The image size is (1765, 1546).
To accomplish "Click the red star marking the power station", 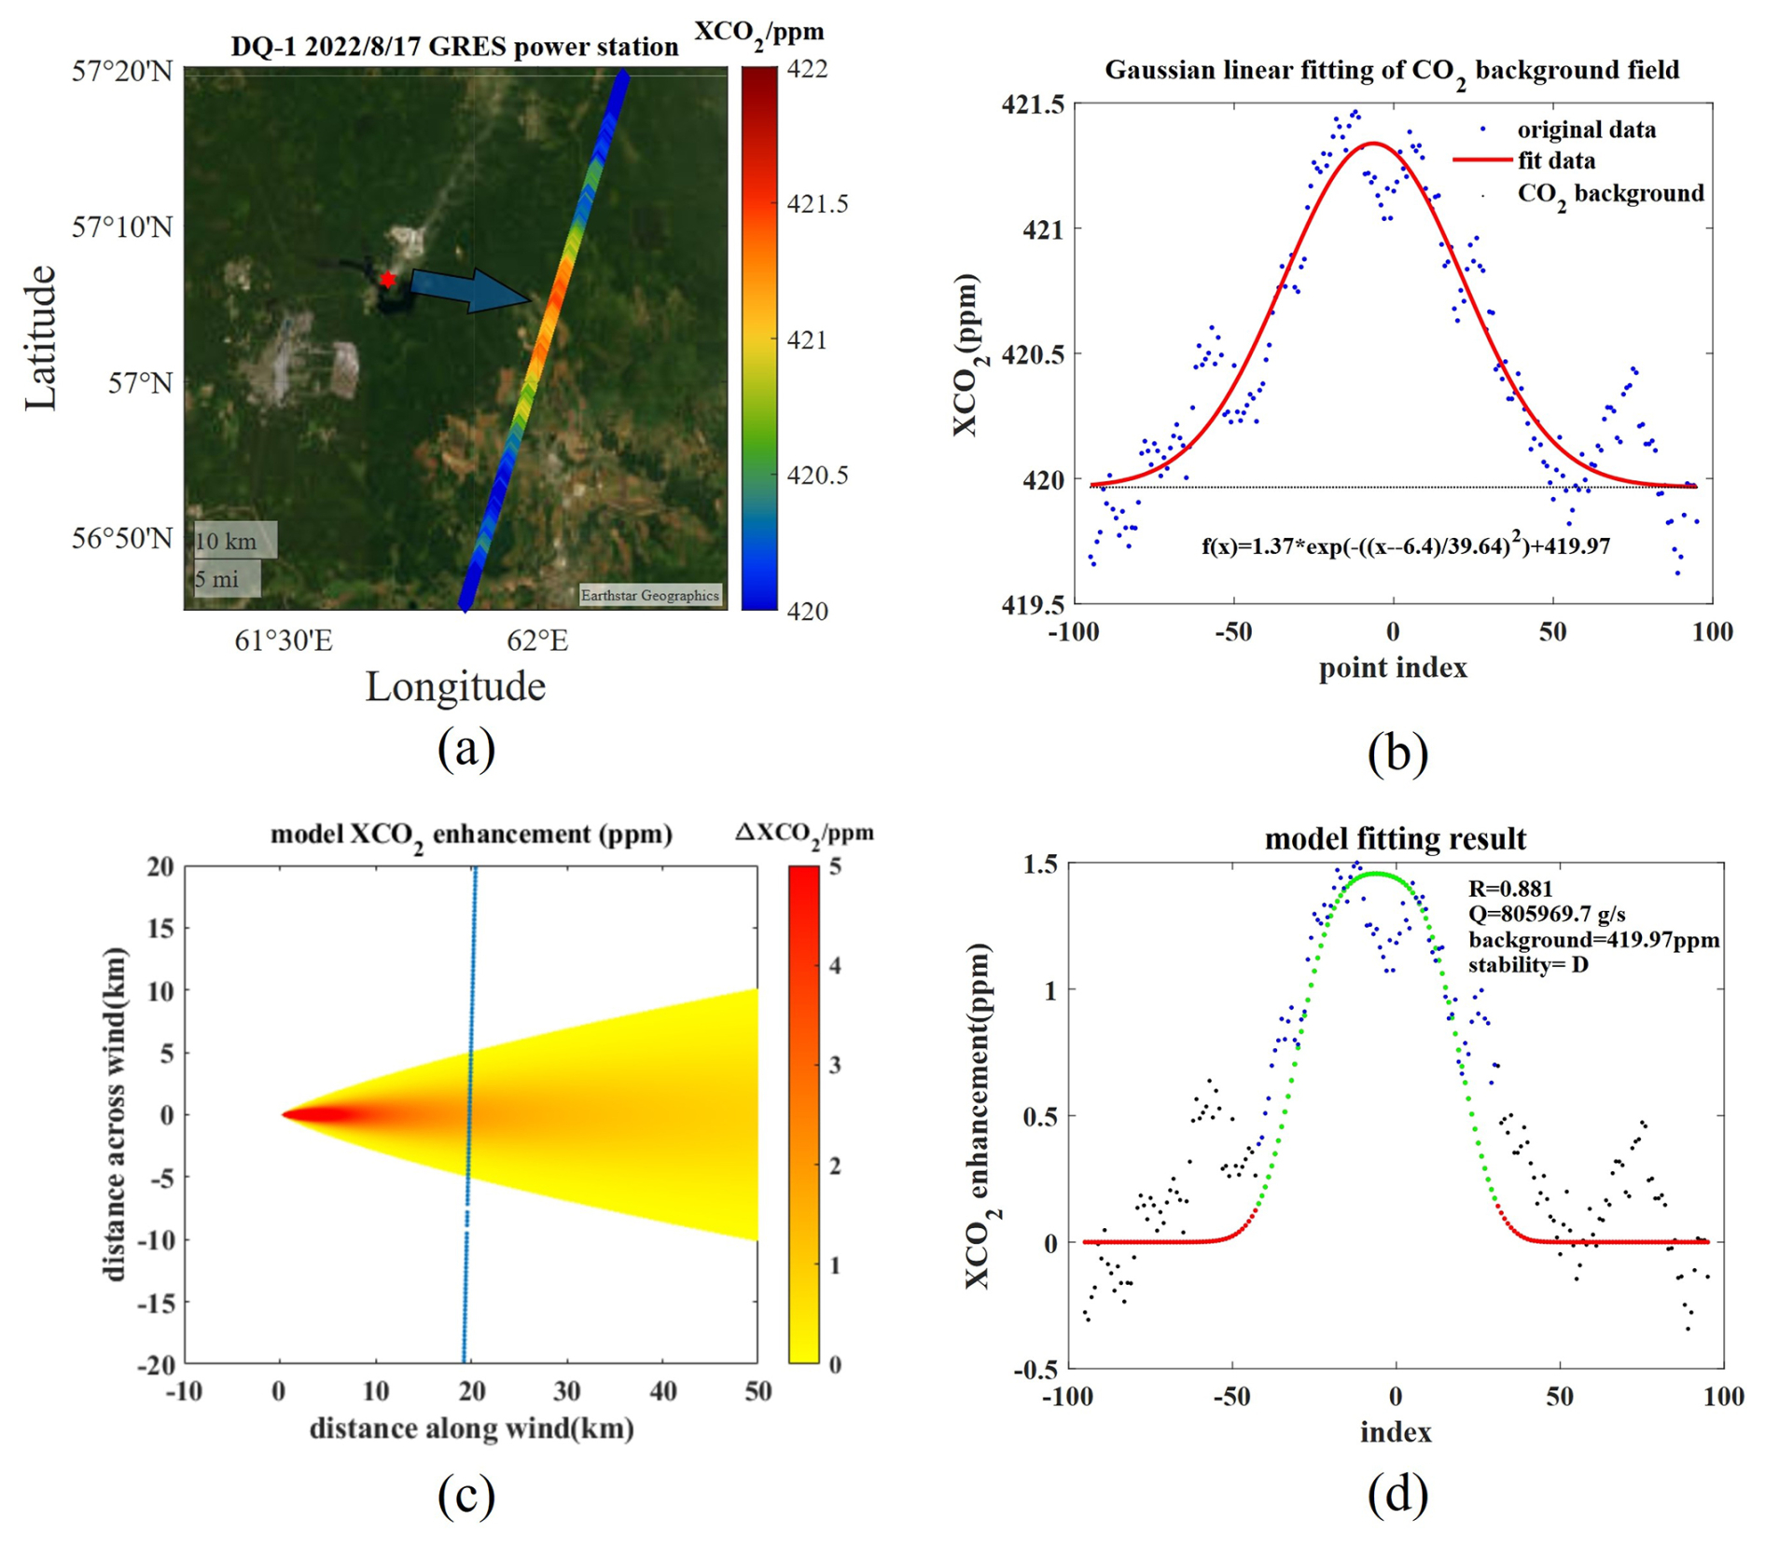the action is pyautogui.click(x=387, y=279).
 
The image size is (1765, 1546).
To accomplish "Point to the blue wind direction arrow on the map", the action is pyautogui.click(x=470, y=289).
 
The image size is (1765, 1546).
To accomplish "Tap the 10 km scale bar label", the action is pyautogui.click(x=226, y=542).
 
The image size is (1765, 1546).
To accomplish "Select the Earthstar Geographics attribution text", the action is pyautogui.click(x=649, y=595).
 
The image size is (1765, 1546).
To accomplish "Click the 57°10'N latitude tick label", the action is pyautogui.click(x=122, y=227).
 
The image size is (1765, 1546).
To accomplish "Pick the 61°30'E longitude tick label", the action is pyautogui.click(x=284, y=641).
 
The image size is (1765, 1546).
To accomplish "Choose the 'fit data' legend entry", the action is pyautogui.click(x=1556, y=160).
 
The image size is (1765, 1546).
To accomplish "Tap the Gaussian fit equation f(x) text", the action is pyautogui.click(x=1405, y=545).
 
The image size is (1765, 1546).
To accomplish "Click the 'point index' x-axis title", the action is pyautogui.click(x=1393, y=668).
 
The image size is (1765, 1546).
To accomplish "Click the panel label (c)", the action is pyautogui.click(x=466, y=1495).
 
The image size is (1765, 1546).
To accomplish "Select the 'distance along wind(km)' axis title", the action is pyautogui.click(x=472, y=1428).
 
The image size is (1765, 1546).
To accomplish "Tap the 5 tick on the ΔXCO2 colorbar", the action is pyautogui.click(x=836, y=866).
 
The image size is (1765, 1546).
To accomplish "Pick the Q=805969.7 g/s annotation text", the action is pyautogui.click(x=1547, y=914).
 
